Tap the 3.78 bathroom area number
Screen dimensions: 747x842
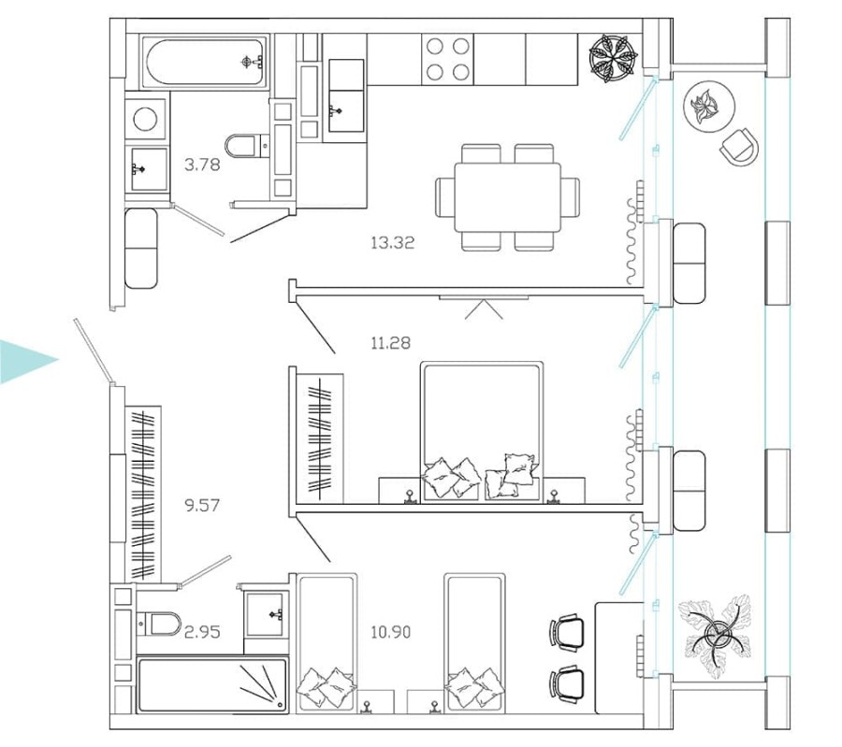coord(202,165)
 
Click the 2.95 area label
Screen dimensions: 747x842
coord(201,632)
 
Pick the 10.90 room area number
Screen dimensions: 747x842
coord(390,632)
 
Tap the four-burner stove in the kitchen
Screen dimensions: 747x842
coord(446,60)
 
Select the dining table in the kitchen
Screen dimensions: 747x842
coord(508,197)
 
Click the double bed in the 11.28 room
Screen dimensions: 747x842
coord(482,430)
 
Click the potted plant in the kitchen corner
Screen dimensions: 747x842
coord(614,59)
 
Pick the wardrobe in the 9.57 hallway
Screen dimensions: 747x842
coord(143,494)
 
